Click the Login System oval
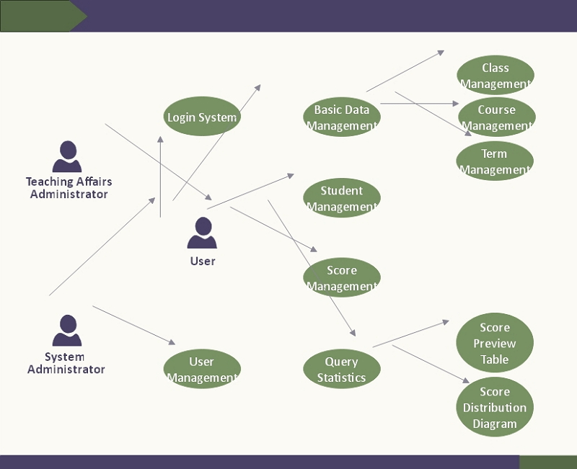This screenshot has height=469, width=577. tap(201, 117)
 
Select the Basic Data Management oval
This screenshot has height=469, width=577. tap(342, 117)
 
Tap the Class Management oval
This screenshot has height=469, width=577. tap(495, 76)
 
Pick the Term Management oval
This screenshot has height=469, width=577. tap(495, 161)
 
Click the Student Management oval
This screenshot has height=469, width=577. tap(342, 198)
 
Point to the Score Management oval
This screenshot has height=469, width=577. tap(342, 278)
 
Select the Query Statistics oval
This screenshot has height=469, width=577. tap(342, 369)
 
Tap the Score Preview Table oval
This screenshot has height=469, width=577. tap(495, 343)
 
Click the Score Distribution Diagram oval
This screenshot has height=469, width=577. tap(495, 408)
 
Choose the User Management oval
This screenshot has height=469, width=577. tap(202, 369)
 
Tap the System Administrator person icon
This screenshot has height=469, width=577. tap(67, 331)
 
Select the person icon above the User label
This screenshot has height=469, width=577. tap(202, 233)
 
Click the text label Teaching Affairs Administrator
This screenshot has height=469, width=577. tap(69, 188)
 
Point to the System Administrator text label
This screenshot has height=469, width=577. tap(66, 363)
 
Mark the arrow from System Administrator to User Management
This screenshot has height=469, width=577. tap(134, 326)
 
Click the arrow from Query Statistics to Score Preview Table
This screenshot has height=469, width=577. tap(411, 334)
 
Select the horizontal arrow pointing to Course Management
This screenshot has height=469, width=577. tap(419, 104)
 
